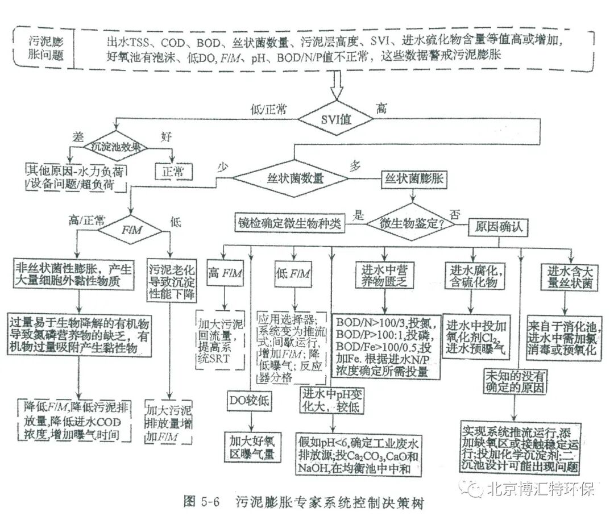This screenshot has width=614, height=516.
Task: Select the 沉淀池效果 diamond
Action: coord(115,146)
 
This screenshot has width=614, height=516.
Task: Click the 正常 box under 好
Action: coord(173,171)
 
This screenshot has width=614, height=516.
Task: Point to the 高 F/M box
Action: coord(226,274)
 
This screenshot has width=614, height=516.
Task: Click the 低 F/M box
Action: coord(293,274)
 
